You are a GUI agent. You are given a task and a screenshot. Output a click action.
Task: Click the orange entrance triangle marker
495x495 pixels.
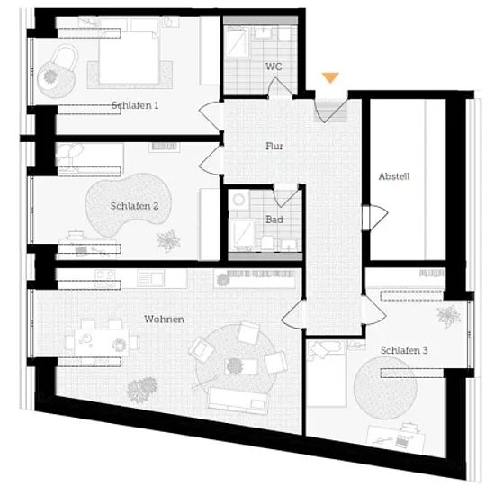[330, 77]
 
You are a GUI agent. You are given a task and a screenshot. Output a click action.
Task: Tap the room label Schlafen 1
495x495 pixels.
[135, 105]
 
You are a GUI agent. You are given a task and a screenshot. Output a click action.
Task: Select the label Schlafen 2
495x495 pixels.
[134, 206]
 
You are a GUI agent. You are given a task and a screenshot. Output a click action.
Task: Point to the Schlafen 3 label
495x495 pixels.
[404, 350]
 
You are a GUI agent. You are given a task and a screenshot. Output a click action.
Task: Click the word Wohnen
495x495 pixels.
[164, 319]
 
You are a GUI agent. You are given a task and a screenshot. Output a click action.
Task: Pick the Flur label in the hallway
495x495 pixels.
[274, 146]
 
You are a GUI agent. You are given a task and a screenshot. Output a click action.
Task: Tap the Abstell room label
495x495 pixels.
[394, 176]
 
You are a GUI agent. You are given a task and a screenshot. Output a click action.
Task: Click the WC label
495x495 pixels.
[274, 67]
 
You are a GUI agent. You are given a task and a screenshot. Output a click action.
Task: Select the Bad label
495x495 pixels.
[274, 220]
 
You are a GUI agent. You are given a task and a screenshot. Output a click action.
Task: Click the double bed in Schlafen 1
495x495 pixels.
[129, 58]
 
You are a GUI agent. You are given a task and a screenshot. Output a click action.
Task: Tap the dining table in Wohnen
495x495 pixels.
[102, 342]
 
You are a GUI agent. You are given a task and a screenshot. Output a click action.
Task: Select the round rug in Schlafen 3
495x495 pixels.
[385, 388]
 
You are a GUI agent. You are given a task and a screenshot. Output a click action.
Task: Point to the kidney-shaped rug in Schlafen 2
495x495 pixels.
[128, 204]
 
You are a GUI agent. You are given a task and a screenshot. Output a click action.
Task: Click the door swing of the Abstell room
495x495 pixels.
[375, 217]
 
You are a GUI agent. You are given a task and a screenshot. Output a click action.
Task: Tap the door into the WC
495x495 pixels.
[280, 88]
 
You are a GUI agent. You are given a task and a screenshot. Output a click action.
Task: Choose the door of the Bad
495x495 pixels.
[285, 195]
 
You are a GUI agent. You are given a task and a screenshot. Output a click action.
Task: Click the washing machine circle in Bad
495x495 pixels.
[238, 200]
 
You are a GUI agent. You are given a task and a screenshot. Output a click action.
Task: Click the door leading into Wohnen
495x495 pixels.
[293, 314]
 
